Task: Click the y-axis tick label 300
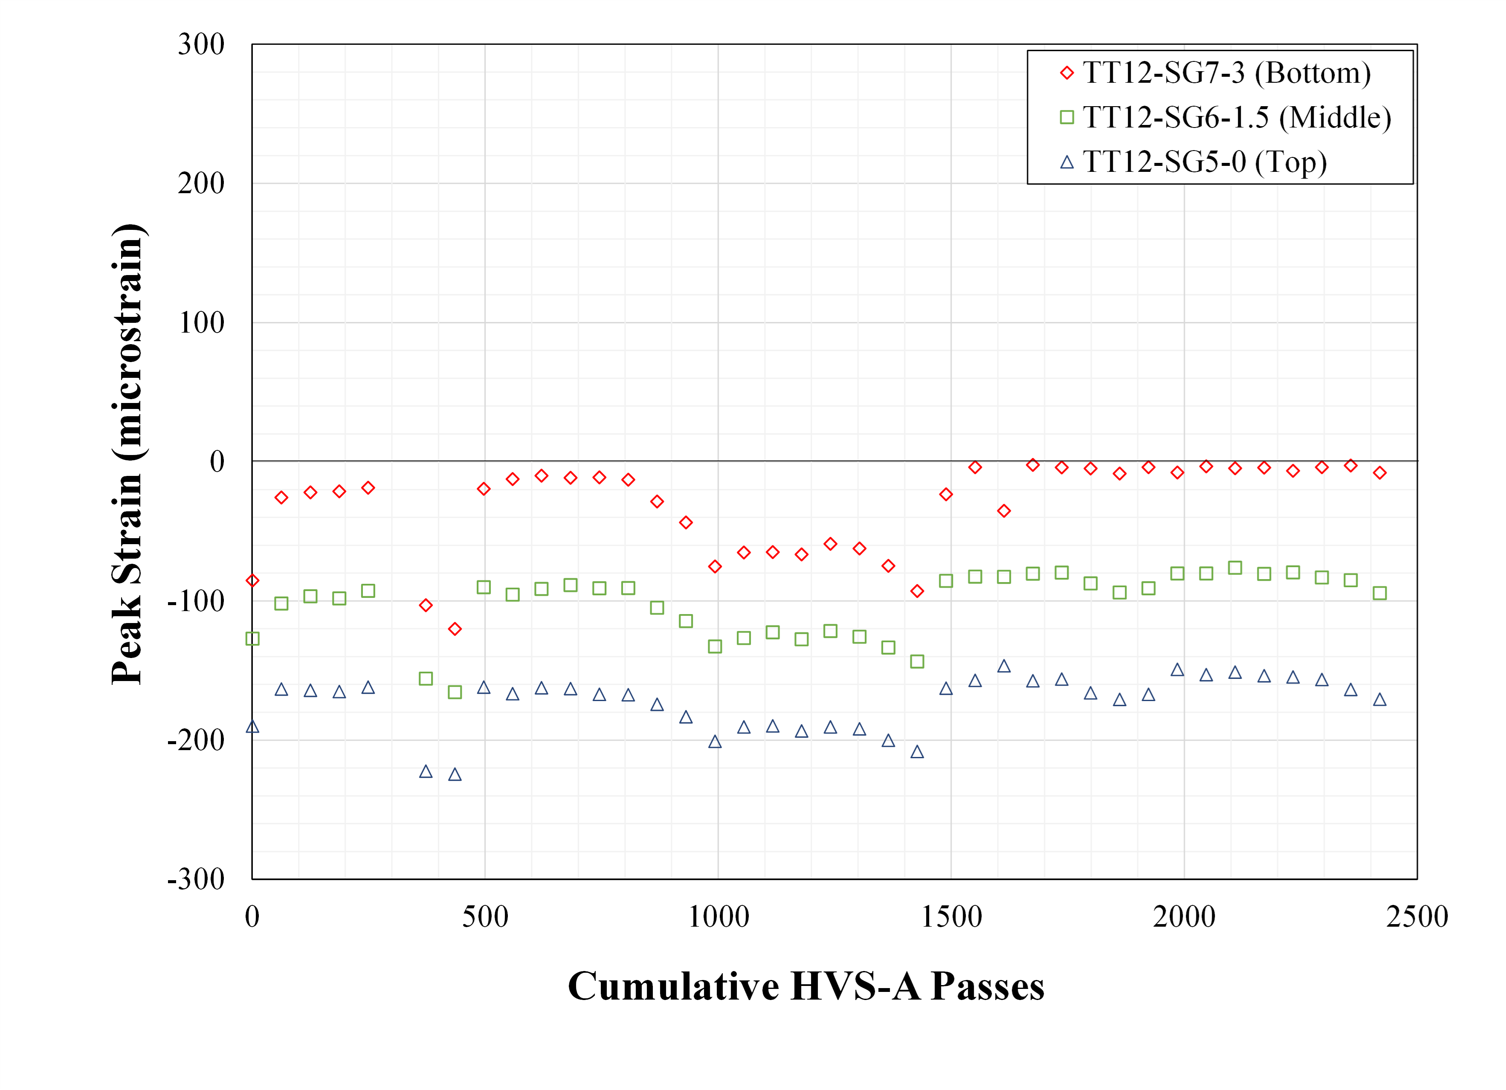[x=201, y=45]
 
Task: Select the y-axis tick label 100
[x=201, y=324]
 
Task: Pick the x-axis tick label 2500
[x=1416, y=917]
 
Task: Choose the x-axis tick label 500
[x=485, y=917]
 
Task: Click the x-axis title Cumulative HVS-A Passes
[x=805, y=986]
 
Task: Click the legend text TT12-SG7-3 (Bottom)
[x=1226, y=73]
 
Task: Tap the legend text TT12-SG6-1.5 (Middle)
[x=1237, y=118]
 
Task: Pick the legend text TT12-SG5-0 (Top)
[x=1205, y=162]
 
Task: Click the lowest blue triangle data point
[x=455, y=774]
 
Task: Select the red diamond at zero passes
[x=252, y=580]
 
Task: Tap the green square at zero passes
[x=252, y=639]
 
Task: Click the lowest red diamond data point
[x=455, y=629]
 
